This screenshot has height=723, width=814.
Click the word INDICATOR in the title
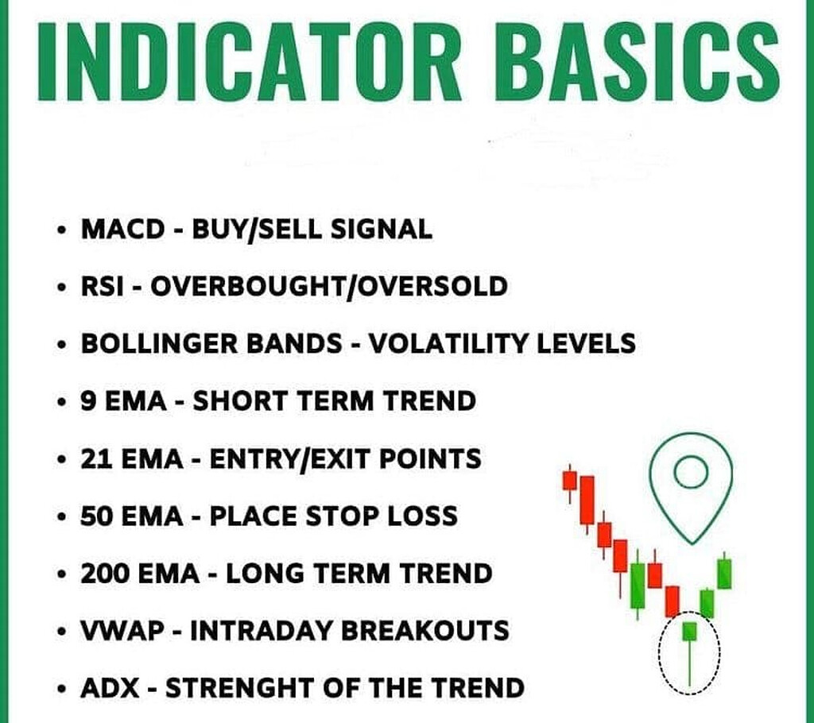point(250,61)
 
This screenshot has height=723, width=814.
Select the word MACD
point(122,230)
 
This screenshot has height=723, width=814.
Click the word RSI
point(103,287)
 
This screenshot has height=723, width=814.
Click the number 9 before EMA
point(88,401)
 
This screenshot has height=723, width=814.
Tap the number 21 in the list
point(95,458)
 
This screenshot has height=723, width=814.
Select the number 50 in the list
point(96,516)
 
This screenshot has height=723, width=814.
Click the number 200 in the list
point(105,574)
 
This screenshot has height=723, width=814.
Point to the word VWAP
point(122,631)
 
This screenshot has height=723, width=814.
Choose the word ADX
point(110,688)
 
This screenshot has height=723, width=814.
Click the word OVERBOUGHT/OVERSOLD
point(328,287)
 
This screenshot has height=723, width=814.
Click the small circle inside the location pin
point(691,472)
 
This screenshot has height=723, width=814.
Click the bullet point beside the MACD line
point(63,230)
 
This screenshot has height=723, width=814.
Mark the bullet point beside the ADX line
point(63,689)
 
